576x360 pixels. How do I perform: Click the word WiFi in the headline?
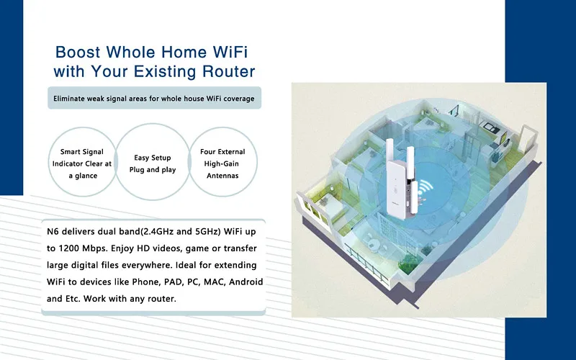point(230,52)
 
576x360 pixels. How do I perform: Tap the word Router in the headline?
point(228,71)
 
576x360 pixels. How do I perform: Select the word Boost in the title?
point(78,52)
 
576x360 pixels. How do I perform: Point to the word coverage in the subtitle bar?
point(238,99)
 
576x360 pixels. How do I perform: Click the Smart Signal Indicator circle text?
point(81,163)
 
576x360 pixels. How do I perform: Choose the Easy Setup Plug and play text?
point(153,163)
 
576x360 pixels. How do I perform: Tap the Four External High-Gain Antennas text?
point(222,163)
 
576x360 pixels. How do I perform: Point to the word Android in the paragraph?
point(248,282)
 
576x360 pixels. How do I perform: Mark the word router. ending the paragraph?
point(162,299)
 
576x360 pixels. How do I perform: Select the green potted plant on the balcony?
point(408,263)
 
